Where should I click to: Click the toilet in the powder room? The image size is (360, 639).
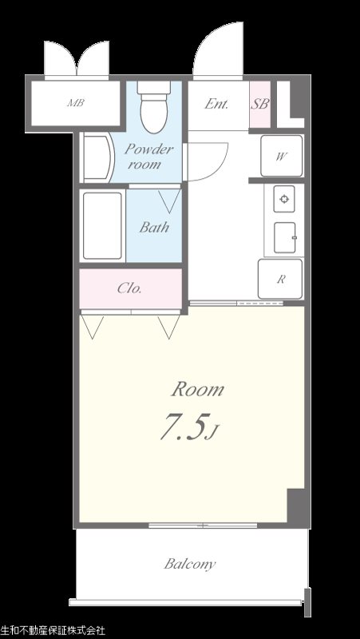click(x=153, y=107)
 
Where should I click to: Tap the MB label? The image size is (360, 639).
click(x=76, y=103)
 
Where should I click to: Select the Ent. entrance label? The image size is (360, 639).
click(x=216, y=105)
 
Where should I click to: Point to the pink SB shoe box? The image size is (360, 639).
click(x=259, y=105)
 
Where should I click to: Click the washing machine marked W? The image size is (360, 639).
click(x=282, y=156)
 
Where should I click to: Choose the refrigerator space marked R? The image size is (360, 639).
click(x=281, y=279)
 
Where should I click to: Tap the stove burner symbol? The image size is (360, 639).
click(x=284, y=199)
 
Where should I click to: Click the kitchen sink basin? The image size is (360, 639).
click(x=284, y=237)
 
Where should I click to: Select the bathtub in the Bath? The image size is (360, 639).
click(x=103, y=226)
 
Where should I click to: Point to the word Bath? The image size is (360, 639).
click(x=154, y=227)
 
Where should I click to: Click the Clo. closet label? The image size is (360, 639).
click(x=129, y=289)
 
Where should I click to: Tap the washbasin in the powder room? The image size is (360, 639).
click(x=97, y=158)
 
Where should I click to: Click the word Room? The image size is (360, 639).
click(x=197, y=390)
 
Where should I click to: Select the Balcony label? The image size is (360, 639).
click(x=190, y=565)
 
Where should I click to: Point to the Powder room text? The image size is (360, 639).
click(x=148, y=157)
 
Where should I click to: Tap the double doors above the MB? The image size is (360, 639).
click(x=77, y=58)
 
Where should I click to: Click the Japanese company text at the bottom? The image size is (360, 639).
click(x=53, y=631)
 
